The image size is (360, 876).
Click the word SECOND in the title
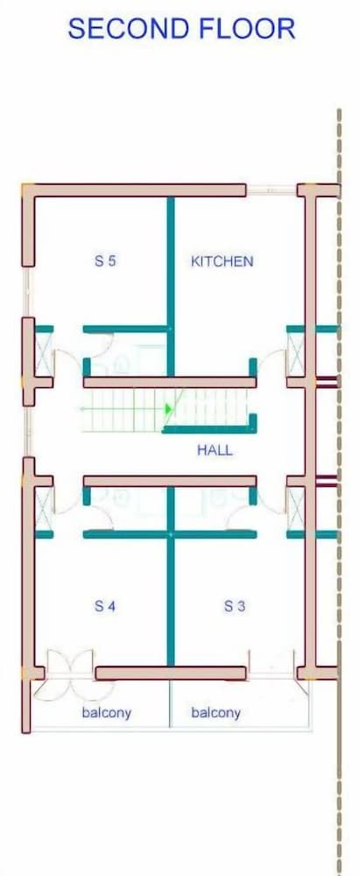tap(122, 29)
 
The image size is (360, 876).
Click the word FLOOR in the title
tap(242, 29)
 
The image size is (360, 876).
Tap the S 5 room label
tap(105, 261)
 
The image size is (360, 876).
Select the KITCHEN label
tap(222, 261)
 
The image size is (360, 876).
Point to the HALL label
tap(215, 449)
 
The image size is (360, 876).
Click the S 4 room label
tap(105, 605)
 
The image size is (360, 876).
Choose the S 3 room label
tap(235, 605)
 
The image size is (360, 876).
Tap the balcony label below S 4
tap(106, 713)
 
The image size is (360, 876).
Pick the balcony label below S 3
tap(215, 713)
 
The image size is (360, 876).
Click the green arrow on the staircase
tap(168, 409)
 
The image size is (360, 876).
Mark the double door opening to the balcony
tap(71, 675)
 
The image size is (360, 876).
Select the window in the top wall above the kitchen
tap(272, 190)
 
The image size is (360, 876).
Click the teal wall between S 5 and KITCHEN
tap(171, 286)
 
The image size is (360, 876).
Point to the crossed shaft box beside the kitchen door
tap(295, 355)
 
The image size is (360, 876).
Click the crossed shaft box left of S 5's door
tap(44, 355)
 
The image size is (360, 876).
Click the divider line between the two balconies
tap(169, 704)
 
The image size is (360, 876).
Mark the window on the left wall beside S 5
tap(27, 292)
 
